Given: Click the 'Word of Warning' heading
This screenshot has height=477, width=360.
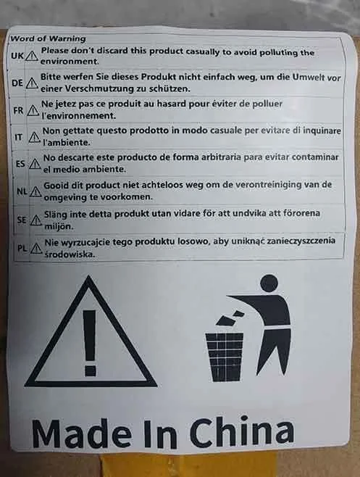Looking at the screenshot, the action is (x=48, y=38).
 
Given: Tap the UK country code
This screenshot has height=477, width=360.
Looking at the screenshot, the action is (x=17, y=56).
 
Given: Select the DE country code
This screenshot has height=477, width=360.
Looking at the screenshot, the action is (x=17, y=83).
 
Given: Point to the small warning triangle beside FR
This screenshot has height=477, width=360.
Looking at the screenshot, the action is (x=33, y=110).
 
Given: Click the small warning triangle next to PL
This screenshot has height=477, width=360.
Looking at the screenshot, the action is (x=36, y=249).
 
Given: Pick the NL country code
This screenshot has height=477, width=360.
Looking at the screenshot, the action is (x=22, y=191).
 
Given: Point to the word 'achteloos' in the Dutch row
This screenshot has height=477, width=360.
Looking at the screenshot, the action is (x=163, y=185).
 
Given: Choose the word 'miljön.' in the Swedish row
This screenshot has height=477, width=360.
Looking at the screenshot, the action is (x=59, y=227).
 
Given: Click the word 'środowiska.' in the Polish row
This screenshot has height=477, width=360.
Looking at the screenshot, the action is (x=70, y=254).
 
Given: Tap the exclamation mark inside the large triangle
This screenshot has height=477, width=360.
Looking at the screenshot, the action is (x=90, y=343).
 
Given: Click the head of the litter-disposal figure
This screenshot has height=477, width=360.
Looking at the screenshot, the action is (x=269, y=283).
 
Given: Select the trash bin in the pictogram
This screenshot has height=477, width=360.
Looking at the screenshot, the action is (x=225, y=357).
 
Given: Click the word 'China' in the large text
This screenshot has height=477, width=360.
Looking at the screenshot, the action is (x=242, y=432).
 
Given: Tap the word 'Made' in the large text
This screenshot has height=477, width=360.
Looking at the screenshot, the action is (x=81, y=433).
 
